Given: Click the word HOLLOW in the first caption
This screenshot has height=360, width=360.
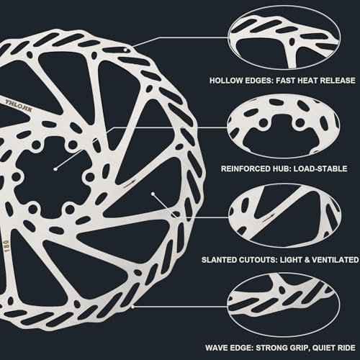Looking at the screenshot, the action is click(227, 81).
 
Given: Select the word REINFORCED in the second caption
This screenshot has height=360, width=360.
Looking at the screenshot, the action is click(246, 168).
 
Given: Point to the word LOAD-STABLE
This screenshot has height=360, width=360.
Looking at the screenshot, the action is click(320, 168).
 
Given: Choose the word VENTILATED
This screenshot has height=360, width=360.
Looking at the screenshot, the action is click(335, 260).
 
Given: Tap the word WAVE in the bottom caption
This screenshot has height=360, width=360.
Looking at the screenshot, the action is click(217, 348).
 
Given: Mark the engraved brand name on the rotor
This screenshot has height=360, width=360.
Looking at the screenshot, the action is click(19, 106).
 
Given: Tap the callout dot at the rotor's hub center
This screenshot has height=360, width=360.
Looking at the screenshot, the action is click(55, 169).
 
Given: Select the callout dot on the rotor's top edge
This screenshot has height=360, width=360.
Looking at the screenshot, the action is click(125, 50).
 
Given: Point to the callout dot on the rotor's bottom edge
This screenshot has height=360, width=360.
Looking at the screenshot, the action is click(132, 307).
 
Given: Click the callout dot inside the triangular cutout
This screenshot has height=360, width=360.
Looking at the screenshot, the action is click(153, 193).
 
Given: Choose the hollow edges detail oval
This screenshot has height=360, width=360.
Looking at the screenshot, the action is click(284, 37).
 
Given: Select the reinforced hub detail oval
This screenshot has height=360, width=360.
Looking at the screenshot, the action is click(284, 126).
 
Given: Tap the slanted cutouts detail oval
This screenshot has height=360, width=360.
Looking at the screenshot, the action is click(284, 217).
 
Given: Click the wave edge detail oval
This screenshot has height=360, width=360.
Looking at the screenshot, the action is click(284, 305).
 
